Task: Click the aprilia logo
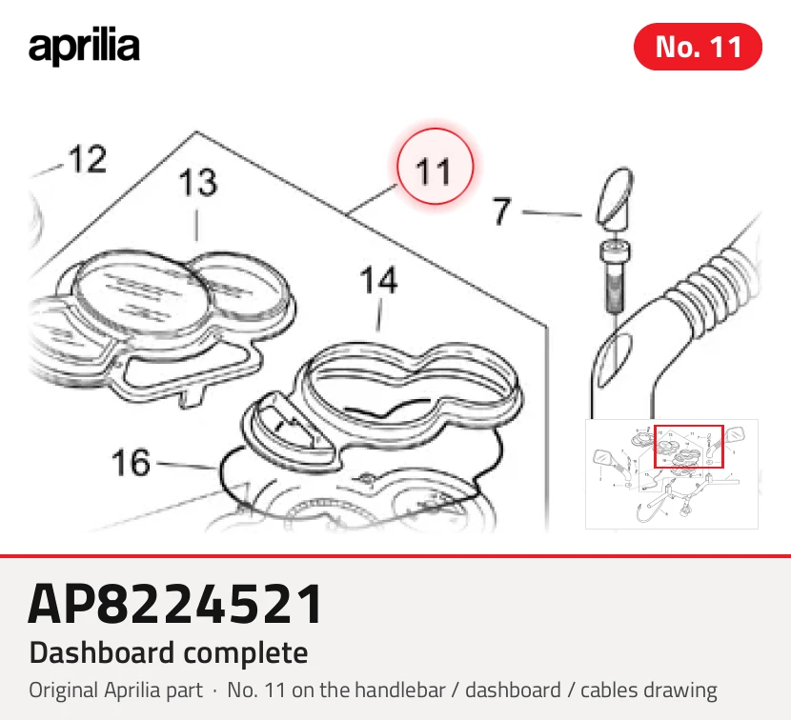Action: click(84, 48)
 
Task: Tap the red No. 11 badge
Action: click(698, 47)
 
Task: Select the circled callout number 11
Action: click(435, 167)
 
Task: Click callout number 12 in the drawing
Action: click(88, 159)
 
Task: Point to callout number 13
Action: click(198, 182)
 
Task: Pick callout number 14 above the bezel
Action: click(378, 280)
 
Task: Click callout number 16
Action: click(131, 462)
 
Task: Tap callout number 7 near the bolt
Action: click(501, 210)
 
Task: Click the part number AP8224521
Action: click(174, 604)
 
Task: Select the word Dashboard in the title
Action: click(102, 652)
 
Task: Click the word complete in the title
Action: click(246, 654)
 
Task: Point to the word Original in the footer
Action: click(64, 690)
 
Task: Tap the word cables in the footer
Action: click(611, 690)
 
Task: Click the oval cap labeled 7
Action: click(615, 197)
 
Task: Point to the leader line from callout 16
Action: click(185, 465)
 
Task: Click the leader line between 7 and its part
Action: click(552, 213)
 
